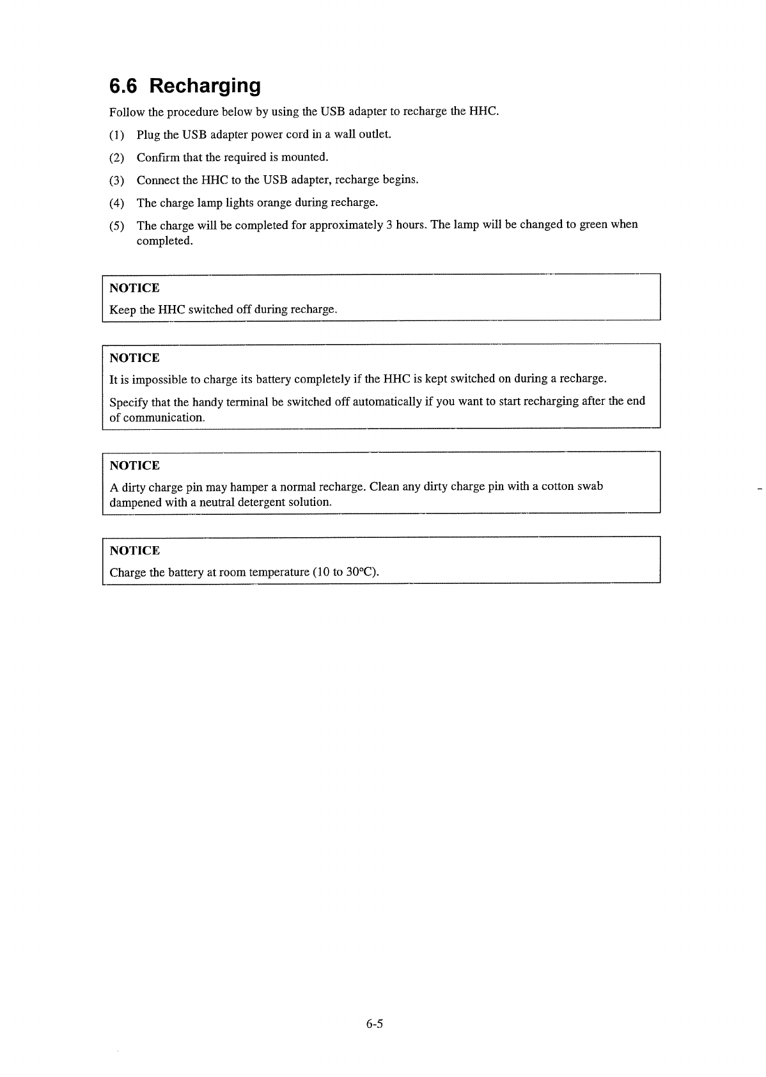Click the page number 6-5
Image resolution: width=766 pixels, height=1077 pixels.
374,1024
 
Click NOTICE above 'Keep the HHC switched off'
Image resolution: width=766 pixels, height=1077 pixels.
134,288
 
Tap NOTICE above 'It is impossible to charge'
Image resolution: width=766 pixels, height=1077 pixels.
134,358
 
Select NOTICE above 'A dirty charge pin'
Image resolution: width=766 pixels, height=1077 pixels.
134,465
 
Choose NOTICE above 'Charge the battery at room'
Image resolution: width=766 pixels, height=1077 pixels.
134,551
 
